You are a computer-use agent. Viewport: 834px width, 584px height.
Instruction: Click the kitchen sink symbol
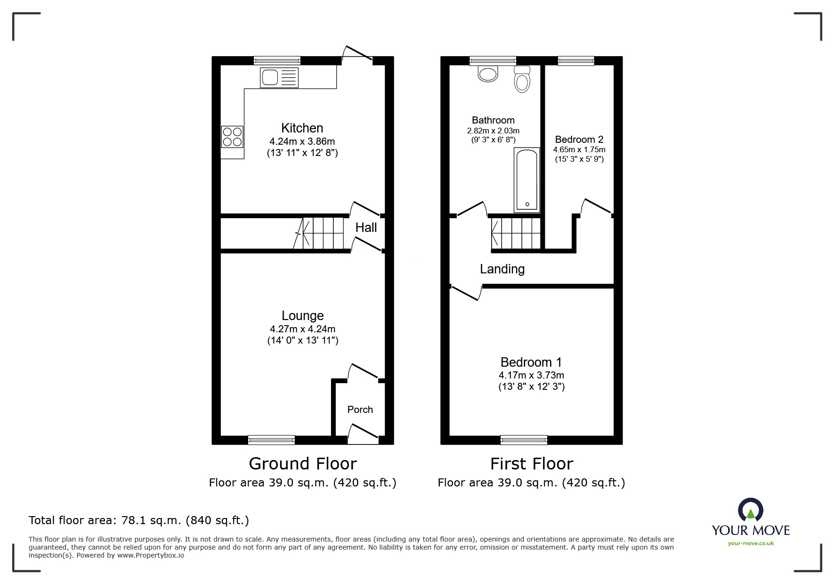coord(279,78)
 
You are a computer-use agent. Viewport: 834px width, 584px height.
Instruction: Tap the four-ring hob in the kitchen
coord(232,137)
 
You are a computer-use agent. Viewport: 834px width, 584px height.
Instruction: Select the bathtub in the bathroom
coord(527,180)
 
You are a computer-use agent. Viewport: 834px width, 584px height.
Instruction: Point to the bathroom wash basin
coord(488,74)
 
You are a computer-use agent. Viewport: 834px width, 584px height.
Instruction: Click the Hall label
coord(366,228)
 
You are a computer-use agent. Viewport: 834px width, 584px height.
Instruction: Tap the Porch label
coord(360,410)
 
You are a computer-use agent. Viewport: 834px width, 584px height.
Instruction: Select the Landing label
coord(502,269)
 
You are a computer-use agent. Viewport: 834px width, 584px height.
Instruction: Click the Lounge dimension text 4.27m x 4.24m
coord(302,329)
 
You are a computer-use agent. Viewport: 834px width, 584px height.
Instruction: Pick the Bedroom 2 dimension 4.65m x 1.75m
coord(579,149)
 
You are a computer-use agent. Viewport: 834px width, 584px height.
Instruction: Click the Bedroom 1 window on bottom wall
coord(524,440)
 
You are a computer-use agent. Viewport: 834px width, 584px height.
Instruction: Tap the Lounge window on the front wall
coord(271,440)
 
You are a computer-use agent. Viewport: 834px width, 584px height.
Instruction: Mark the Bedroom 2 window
coord(575,60)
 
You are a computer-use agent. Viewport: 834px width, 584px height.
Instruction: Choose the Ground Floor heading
coord(302,464)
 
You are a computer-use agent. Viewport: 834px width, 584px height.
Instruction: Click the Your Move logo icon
coord(750,510)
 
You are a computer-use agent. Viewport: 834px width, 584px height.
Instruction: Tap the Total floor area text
coord(139,520)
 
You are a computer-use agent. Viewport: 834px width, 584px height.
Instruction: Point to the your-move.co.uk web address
coord(751,543)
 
